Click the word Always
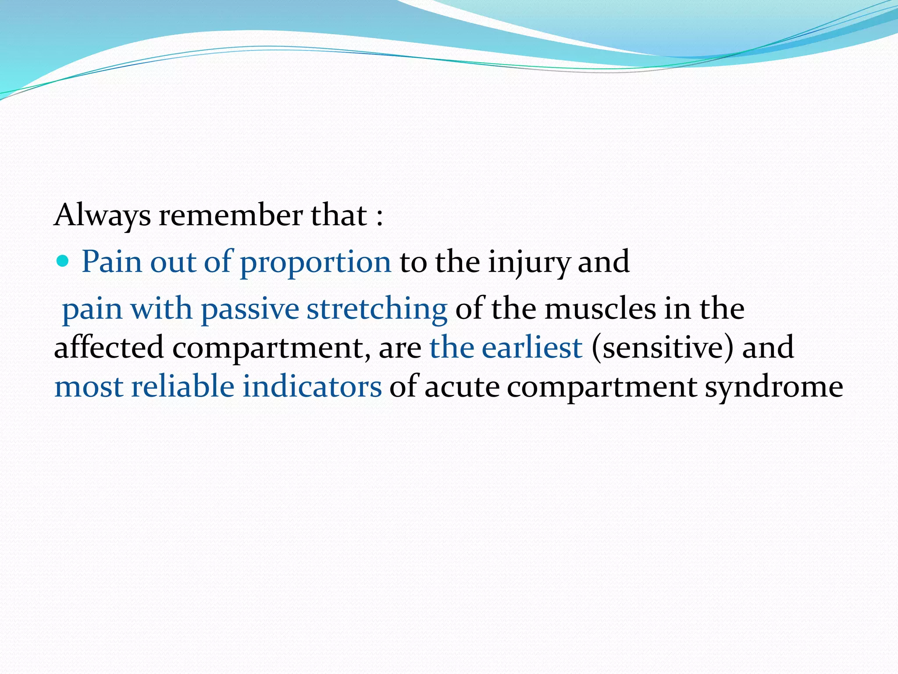tap(102, 216)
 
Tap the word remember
tap(231, 216)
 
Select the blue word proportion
tap(315, 262)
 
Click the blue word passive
tap(249, 309)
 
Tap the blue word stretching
tap(377, 309)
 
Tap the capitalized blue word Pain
tap(111, 262)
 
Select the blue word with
tap(161, 309)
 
